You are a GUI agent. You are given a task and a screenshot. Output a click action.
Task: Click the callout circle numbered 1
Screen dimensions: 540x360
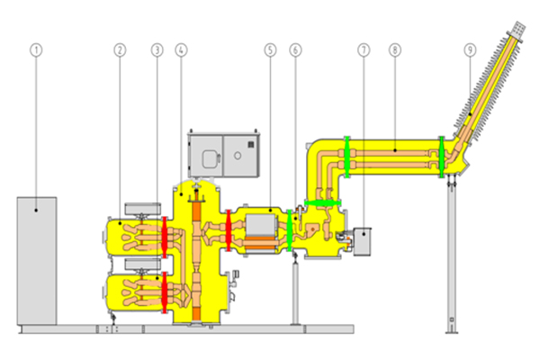pyautogui.click(x=36, y=50)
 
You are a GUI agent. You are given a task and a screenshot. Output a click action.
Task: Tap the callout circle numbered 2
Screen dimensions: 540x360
pyautogui.click(x=120, y=50)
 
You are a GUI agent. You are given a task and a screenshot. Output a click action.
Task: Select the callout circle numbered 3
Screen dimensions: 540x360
pyautogui.click(x=157, y=50)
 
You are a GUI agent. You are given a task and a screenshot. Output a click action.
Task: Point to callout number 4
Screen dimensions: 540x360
pyautogui.click(x=181, y=50)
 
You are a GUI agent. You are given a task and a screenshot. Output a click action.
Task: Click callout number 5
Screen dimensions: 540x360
pyautogui.click(x=270, y=50)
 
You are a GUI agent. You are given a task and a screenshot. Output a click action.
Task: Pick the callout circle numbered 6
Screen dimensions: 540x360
pyautogui.click(x=295, y=50)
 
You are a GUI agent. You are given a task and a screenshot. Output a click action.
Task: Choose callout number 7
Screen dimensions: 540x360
pyautogui.click(x=364, y=50)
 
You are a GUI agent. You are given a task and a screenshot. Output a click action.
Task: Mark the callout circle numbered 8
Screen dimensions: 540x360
pyautogui.click(x=395, y=50)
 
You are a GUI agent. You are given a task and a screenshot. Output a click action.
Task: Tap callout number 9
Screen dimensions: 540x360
pyautogui.click(x=470, y=50)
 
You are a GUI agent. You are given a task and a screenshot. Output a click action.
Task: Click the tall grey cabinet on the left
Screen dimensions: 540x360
pyautogui.click(x=37, y=261)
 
